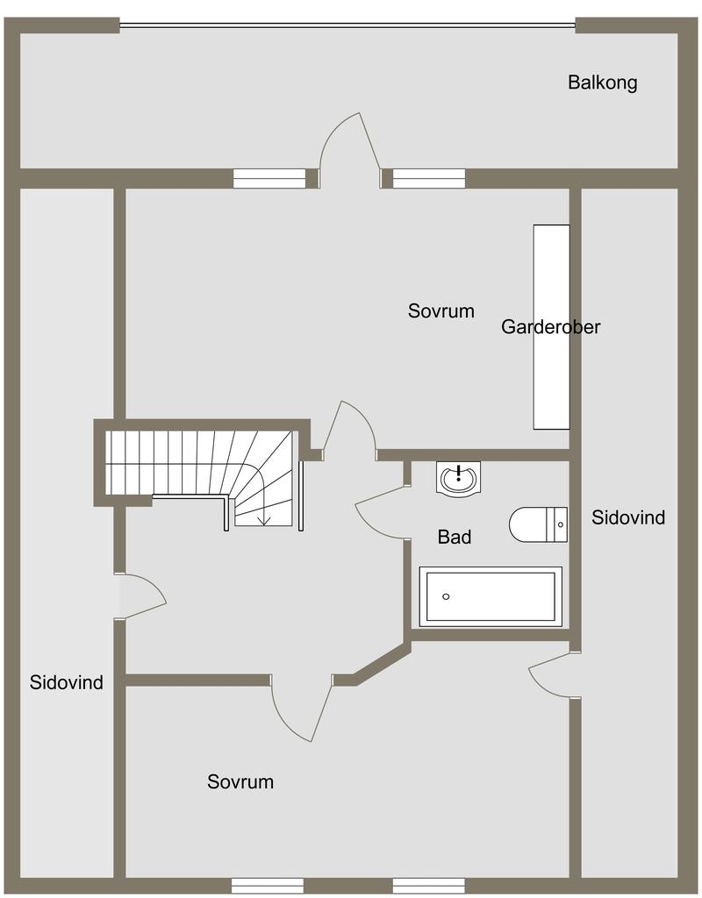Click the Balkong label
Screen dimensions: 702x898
[602, 82]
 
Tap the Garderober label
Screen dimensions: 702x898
[551, 327]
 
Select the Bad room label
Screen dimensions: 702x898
[455, 538]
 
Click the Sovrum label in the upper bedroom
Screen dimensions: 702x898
[441, 311]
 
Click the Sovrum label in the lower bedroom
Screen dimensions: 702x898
[240, 781]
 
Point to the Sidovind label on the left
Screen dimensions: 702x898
[67, 682]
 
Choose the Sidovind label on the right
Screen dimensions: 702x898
[628, 517]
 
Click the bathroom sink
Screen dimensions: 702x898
[458, 478]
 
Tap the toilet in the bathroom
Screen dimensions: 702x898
[538, 524]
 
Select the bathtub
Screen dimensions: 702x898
[491, 596]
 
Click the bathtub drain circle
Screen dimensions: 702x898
[446, 596]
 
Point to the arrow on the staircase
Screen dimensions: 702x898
[264, 514]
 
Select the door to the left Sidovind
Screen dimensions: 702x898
[140, 596]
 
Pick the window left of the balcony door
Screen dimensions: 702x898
[269, 179]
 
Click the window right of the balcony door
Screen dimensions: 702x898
[428, 179]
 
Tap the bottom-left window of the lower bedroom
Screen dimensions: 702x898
[268, 886]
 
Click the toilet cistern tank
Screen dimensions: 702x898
[557, 524]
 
